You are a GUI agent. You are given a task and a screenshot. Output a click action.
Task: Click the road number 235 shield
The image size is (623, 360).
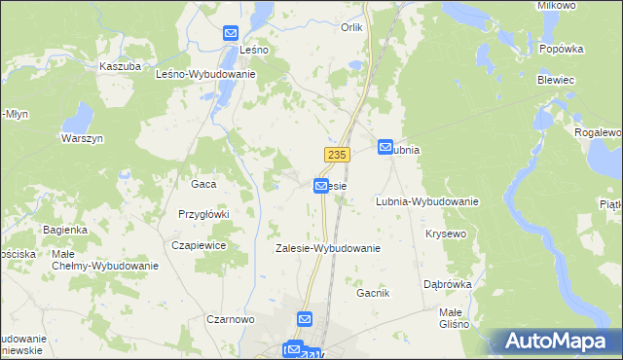coord(336,156)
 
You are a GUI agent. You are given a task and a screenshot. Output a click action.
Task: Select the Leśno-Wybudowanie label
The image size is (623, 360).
coord(205,74)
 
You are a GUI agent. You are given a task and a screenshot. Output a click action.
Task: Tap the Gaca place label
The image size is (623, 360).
coord(203,183)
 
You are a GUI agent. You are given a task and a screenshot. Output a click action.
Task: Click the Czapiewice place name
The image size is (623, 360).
coord(199,246)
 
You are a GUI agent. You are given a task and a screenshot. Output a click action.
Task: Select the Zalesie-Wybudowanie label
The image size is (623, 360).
coord(327,248)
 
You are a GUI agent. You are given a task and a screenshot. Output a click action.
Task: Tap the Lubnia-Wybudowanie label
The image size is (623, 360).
coord(426,202)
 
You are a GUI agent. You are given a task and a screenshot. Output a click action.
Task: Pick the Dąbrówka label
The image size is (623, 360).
coord(448,284)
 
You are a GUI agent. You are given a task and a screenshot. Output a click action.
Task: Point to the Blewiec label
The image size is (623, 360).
coord(554,82)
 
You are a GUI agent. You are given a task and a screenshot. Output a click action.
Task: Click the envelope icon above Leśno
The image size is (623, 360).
coord(231,32)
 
